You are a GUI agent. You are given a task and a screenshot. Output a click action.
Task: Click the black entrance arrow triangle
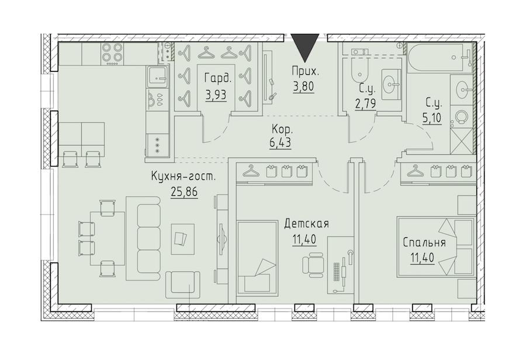click(x=304, y=47)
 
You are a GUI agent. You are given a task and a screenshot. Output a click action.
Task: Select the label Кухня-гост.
click(x=183, y=177)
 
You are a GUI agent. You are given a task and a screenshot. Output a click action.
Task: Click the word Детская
click(x=306, y=223)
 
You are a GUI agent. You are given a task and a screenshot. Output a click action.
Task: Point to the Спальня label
click(x=424, y=243)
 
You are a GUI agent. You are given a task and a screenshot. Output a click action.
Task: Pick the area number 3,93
click(x=216, y=95)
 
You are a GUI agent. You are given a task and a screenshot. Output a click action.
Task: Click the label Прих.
click(x=305, y=71)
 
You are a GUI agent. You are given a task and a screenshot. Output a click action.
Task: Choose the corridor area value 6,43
click(x=280, y=143)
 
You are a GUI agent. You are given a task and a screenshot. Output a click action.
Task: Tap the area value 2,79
click(x=365, y=103)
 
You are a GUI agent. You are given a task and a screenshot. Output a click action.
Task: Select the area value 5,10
click(x=432, y=118)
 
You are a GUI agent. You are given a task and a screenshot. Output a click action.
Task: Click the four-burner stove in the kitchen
click(x=112, y=53)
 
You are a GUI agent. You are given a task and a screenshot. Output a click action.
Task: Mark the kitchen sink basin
click(x=157, y=76)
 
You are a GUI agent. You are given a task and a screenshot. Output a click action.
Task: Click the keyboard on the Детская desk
click(x=337, y=272)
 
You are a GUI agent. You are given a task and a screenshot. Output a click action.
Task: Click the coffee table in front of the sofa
click(x=183, y=239)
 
